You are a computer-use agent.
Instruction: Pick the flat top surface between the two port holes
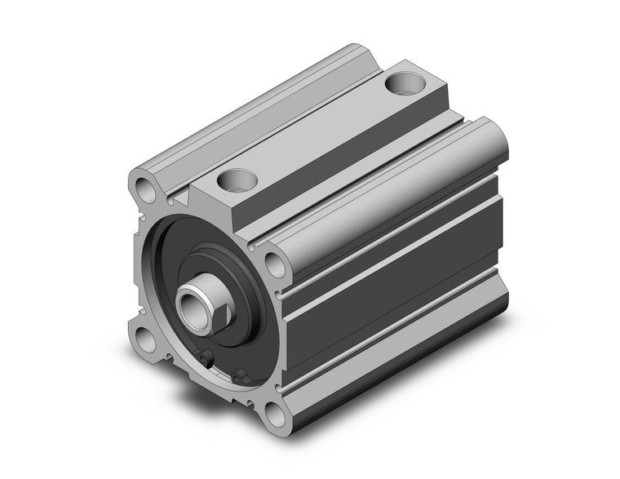318,131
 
